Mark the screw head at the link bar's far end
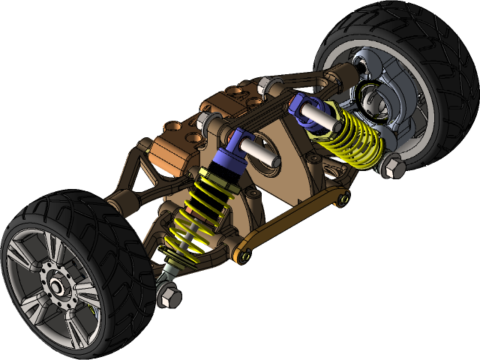click(342, 199)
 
